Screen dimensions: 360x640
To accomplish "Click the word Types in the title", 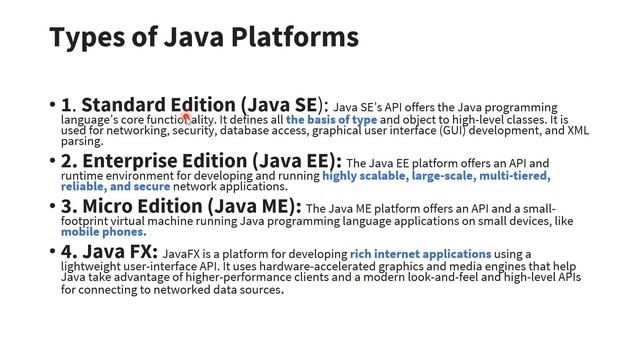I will point(85,38).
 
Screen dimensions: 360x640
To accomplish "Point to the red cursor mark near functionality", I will point(185,118).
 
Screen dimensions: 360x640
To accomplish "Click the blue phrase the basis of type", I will point(331,120).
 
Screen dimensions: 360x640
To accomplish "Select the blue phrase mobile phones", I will point(103,232).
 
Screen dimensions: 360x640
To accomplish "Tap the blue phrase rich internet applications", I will point(420,255).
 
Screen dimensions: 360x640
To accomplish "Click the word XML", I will point(578,131).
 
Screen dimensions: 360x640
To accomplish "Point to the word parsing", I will point(82,142).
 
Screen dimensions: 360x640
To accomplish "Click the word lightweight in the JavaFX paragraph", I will point(91,267).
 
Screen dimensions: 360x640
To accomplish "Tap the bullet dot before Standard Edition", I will point(52,105).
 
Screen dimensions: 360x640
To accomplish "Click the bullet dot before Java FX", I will point(52,252).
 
